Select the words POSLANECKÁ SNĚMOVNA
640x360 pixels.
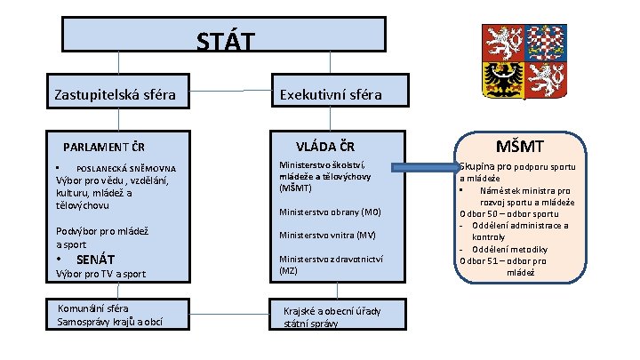pyautogui.click(x=125, y=168)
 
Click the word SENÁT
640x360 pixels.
pyautogui.click(x=97, y=260)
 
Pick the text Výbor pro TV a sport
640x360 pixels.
pyautogui.click(x=100, y=274)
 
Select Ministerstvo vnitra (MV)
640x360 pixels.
pyautogui.click(x=327, y=236)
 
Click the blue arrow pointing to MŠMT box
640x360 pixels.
pyautogui.click(x=424, y=167)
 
